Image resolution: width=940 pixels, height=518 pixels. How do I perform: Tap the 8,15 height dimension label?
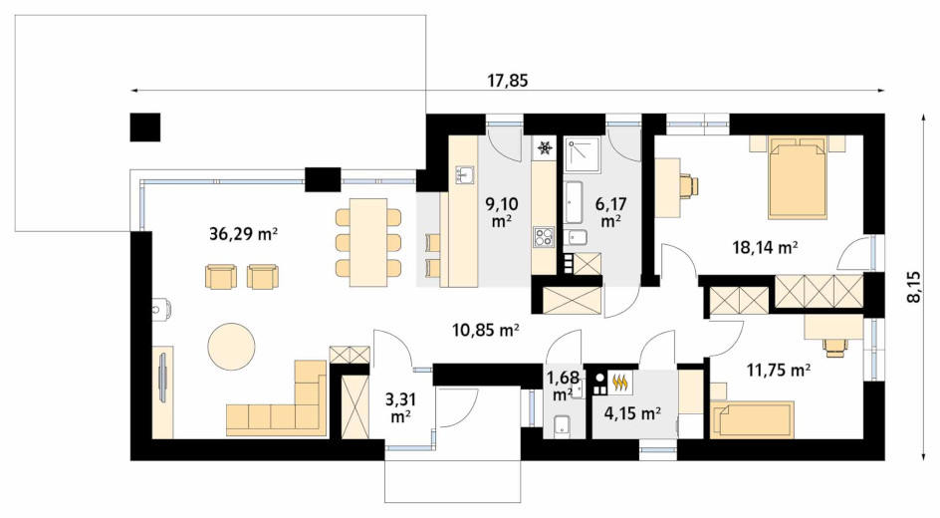pos(914,287)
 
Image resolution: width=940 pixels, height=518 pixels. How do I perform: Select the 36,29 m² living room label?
pos(243,234)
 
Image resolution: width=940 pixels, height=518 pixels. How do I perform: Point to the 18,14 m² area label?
pos(765,246)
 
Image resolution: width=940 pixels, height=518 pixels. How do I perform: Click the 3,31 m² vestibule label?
pos(400,407)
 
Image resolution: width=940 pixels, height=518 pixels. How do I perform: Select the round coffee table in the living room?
pos(231,347)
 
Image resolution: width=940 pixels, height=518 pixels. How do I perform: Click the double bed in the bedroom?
pos(798,177)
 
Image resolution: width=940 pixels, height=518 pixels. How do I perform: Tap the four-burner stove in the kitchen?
pos(544,236)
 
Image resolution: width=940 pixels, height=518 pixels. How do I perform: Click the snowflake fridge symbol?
pos(545,147)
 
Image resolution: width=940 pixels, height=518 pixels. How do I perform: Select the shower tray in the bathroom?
pos(583,154)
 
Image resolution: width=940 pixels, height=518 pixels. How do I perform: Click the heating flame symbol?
pos(620,382)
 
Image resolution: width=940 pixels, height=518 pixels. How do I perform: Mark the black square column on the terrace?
pos(145,127)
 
